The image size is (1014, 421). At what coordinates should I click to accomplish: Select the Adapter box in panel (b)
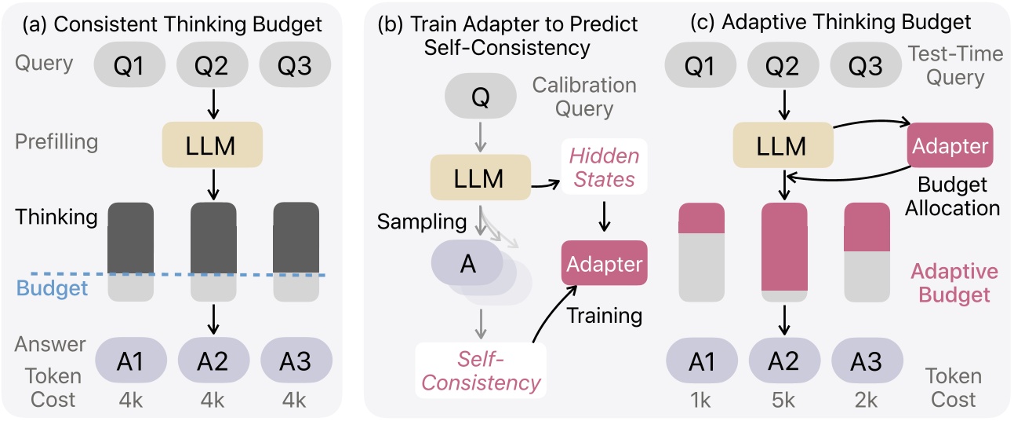click(x=604, y=263)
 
